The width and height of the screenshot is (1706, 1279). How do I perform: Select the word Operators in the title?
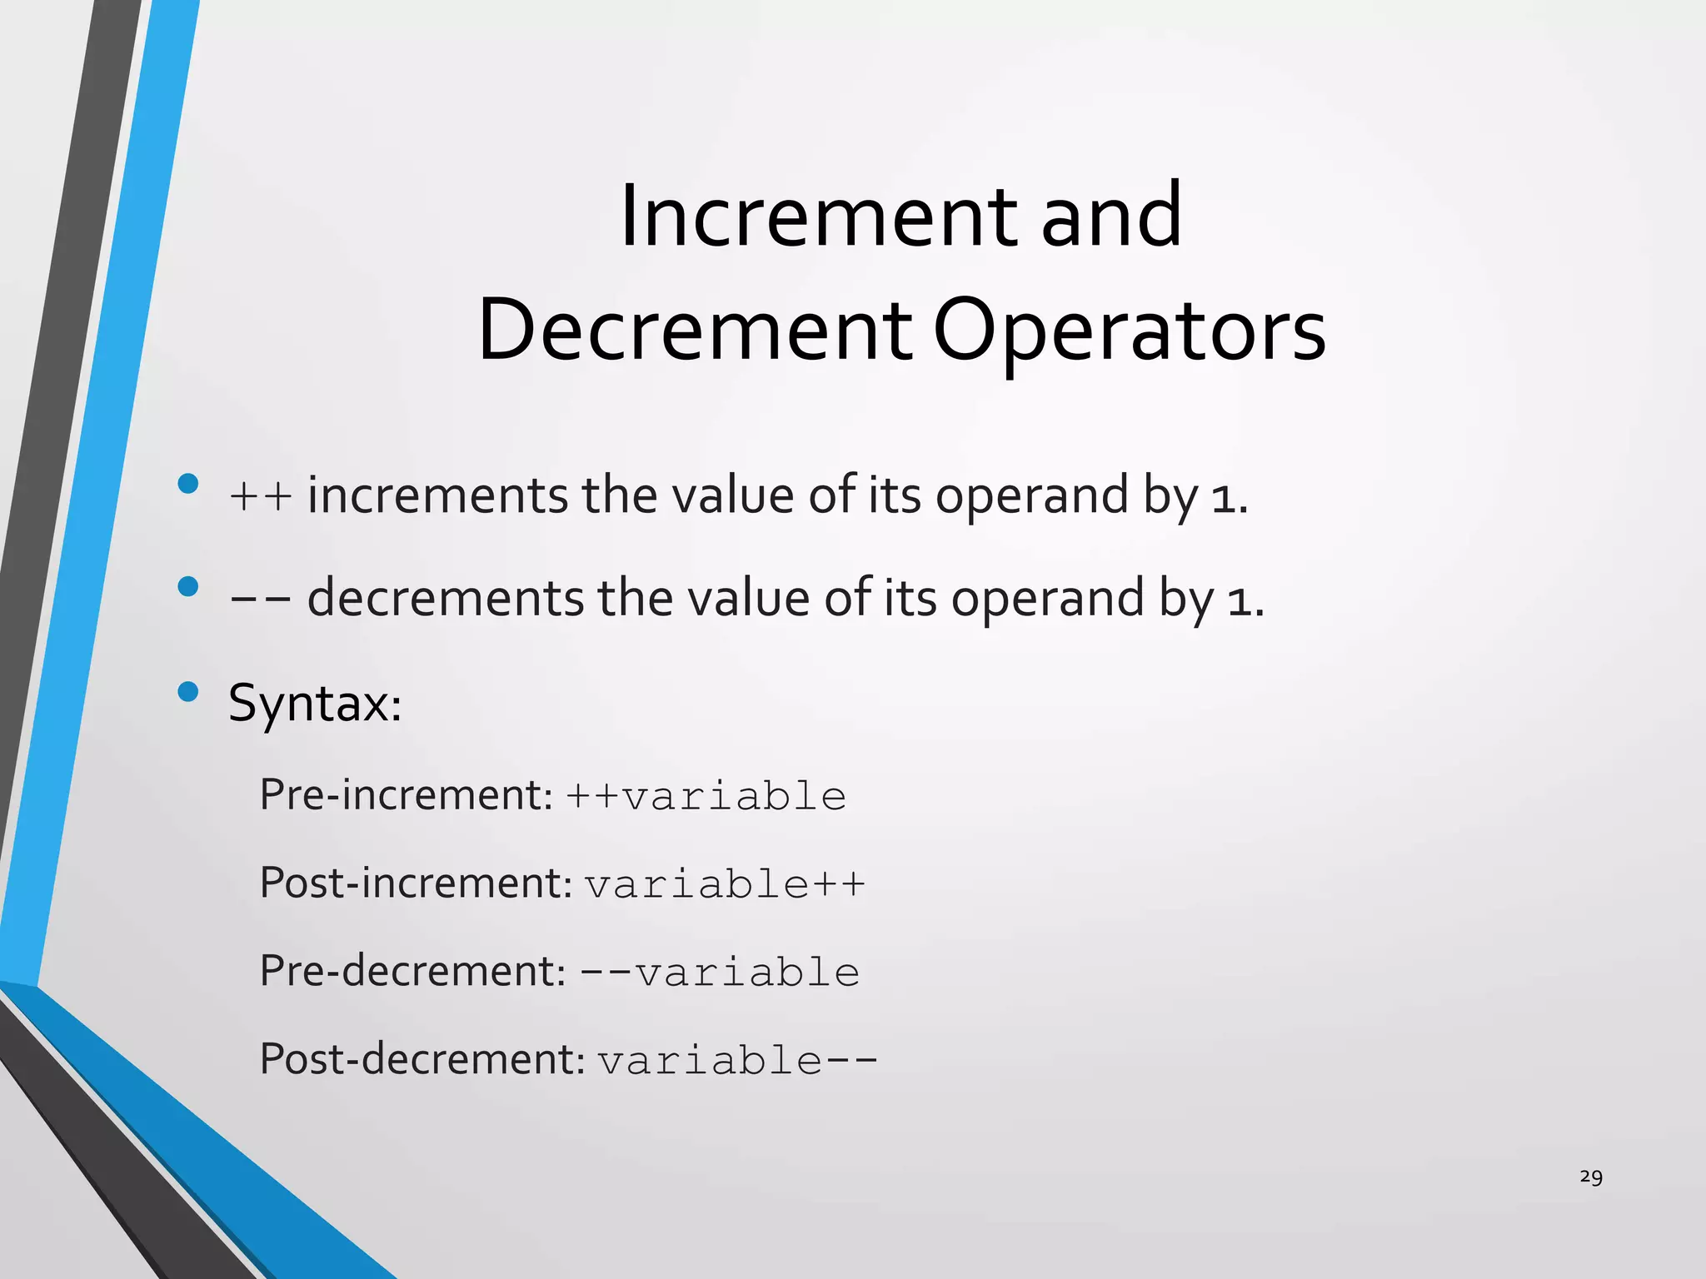pyautogui.click(x=1129, y=331)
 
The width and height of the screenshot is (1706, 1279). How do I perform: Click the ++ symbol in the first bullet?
pyautogui.click(x=261, y=496)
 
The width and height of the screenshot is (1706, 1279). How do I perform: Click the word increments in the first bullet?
pyautogui.click(x=437, y=495)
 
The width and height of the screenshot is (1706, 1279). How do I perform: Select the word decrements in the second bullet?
pyautogui.click(x=446, y=598)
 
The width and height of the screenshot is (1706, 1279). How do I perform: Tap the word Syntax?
pyautogui.click(x=315, y=704)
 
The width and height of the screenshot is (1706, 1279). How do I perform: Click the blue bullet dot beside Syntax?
pyautogui.click(x=188, y=691)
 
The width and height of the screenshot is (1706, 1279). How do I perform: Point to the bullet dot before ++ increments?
pyautogui.click(x=188, y=484)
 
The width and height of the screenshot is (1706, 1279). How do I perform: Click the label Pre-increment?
pyautogui.click(x=406, y=794)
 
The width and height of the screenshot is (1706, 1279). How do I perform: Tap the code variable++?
pyautogui.click(x=725, y=884)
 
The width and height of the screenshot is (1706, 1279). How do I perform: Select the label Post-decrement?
pyautogui.click(x=422, y=1059)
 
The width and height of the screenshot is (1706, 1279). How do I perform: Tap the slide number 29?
pyautogui.click(x=1590, y=1177)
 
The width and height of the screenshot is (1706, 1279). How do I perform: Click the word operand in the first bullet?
pyautogui.click(x=1032, y=496)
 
